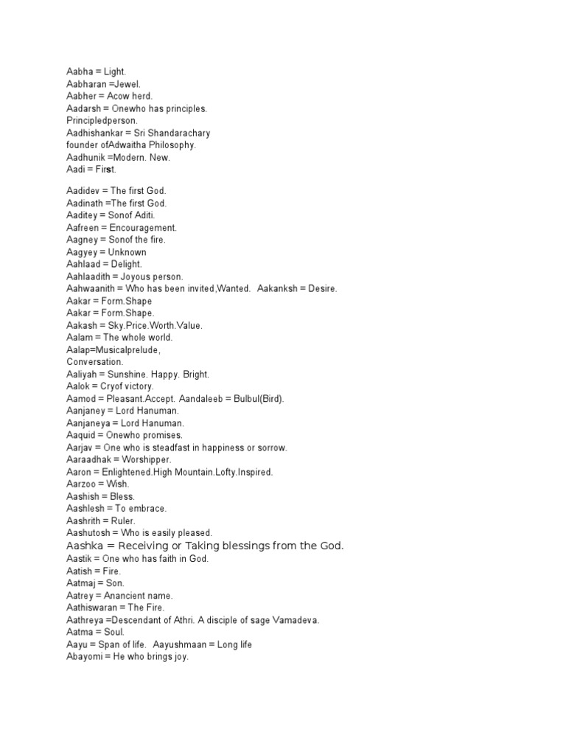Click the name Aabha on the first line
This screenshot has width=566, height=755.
[x=80, y=72]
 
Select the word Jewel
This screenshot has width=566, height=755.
[x=127, y=84]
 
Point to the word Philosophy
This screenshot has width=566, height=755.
[x=174, y=145]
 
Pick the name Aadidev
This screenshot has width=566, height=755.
[x=83, y=191]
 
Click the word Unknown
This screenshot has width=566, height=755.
[x=127, y=252]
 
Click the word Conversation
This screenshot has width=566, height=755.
[x=95, y=362]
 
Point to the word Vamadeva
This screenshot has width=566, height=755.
[x=295, y=620]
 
